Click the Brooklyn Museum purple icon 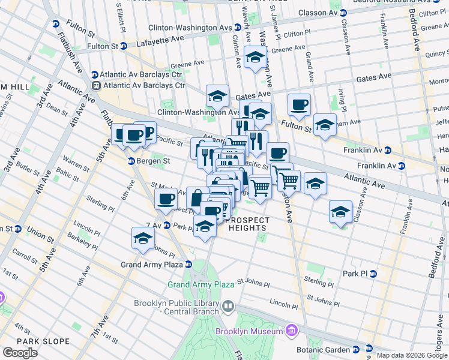coord(291,331)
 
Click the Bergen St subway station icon coord(131,161)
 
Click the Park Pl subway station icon coord(373,274)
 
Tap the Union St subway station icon coord(17,229)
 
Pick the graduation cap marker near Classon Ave coord(340,212)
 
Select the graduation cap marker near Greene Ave coord(256,58)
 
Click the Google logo coord(20,353)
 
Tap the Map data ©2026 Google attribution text coord(411,355)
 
